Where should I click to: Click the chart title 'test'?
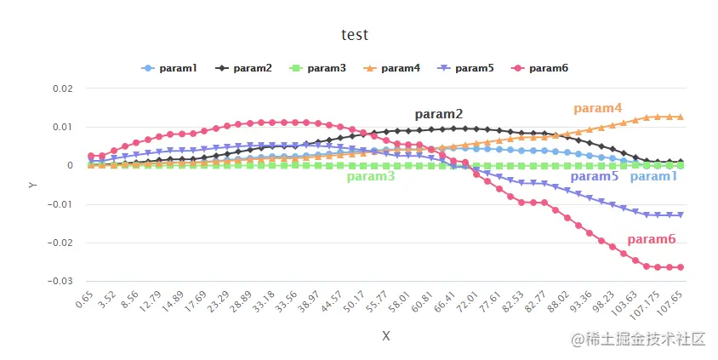(355, 35)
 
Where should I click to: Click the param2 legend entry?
(244, 68)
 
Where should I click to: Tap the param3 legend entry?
(318, 68)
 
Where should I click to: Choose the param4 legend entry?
(392, 68)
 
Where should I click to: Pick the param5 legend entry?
(466, 68)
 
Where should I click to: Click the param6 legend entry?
(540, 68)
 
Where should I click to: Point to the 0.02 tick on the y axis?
(61, 89)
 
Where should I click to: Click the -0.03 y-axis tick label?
(60, 281)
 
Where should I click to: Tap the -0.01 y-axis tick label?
(60, 204)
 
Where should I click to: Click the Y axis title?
(32, 184)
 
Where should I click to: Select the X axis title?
(386, 336)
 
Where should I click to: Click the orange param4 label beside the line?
(597, 108)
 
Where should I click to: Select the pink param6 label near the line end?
(651, 240)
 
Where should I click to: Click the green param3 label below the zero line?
(370, 177)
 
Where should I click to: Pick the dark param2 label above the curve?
(438, 114)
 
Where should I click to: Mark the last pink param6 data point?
(680, 267)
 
